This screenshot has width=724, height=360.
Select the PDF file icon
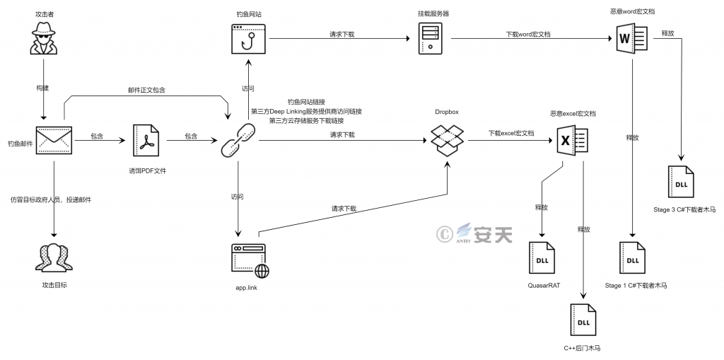147,139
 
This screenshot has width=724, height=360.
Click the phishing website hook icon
248,40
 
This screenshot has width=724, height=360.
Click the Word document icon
629,38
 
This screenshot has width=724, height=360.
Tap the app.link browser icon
250,261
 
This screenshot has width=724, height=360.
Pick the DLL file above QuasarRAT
542,260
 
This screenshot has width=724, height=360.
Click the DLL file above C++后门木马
584,322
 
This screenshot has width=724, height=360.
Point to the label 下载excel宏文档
510,133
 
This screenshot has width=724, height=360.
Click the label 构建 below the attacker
44,88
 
